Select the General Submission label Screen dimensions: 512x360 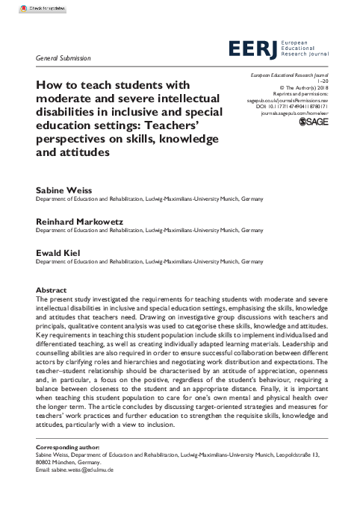click(x=63, y=57)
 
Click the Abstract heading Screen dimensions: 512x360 click(x=51, y=290)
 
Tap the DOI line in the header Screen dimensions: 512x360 click(x=297, y=107)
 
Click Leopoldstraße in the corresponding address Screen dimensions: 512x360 click(x=293, y=455)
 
